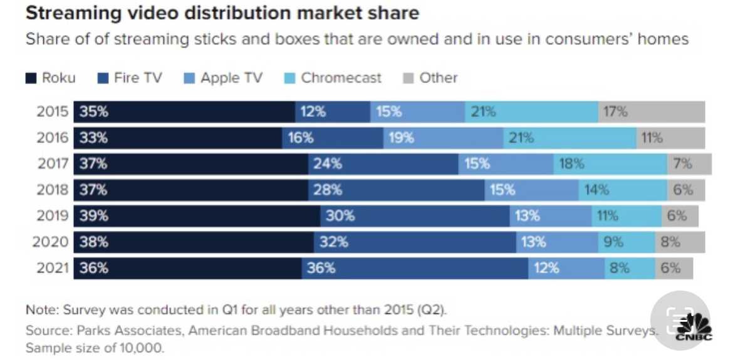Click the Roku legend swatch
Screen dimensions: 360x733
[31, 78]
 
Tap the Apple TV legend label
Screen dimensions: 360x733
[231, 78]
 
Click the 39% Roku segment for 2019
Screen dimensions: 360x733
[197, 216]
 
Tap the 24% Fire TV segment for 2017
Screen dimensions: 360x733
[383, 164]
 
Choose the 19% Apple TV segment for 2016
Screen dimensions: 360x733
[443, 138]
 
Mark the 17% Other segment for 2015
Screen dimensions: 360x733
[652, 111]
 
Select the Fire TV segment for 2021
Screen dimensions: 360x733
[415, 268]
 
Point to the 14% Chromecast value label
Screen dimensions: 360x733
[596, 190]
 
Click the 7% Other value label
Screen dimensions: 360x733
[682, 164]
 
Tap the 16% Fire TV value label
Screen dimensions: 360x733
[300, 138]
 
